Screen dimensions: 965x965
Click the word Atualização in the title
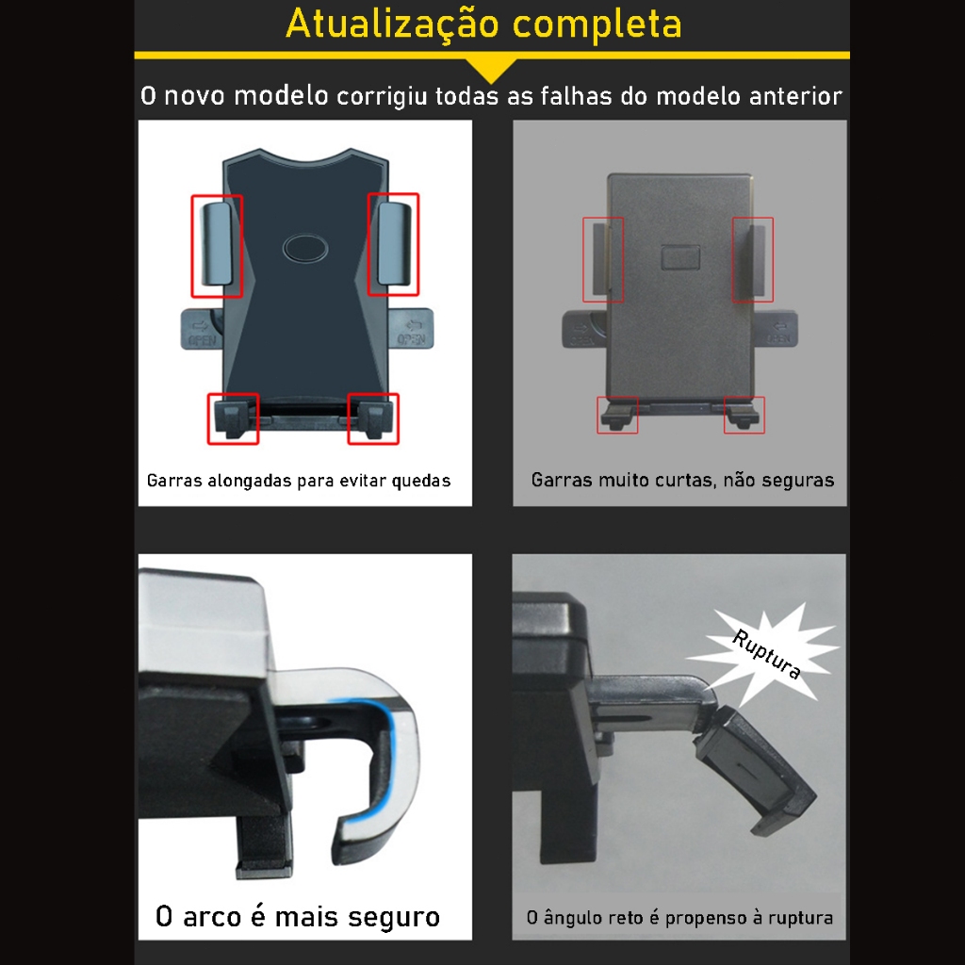click(393, 25)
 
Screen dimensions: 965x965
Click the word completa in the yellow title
click(597, 25)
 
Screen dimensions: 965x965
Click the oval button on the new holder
click(305, 249)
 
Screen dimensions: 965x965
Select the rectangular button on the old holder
click(680, 258)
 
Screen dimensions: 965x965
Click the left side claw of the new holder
click(218, 244)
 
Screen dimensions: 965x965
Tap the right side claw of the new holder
click(395, 244)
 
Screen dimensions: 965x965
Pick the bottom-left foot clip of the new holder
click(232, 417)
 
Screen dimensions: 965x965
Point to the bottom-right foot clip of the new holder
click(373, 417)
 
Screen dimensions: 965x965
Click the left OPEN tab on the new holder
click(201, 329)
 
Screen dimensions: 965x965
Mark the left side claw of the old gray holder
click(600, 260)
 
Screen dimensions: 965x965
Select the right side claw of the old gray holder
click(757, 260)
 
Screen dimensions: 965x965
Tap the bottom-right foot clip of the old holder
click(744, 416)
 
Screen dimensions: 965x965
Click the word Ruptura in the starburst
click(767, 655)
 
